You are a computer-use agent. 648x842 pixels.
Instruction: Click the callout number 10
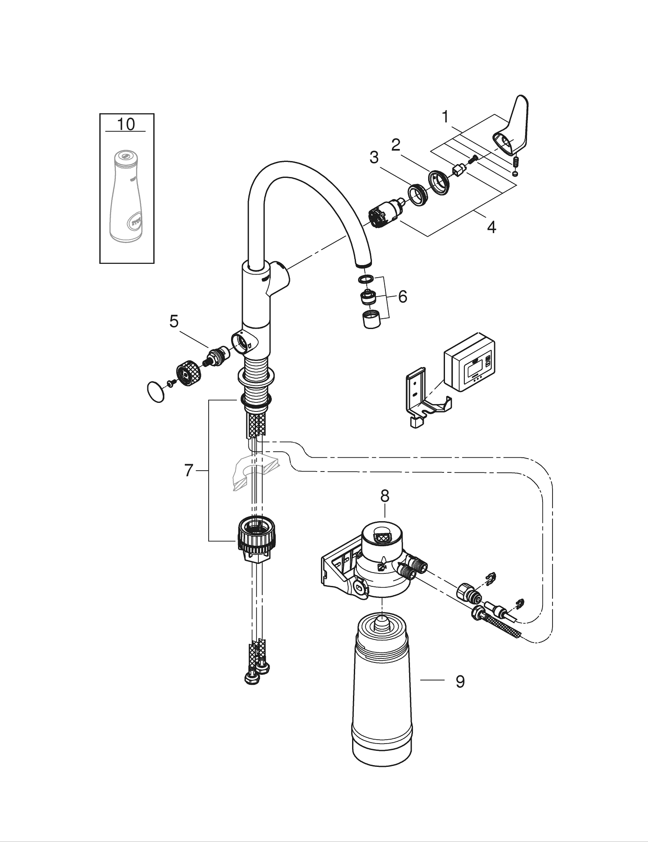[x=126, y=124]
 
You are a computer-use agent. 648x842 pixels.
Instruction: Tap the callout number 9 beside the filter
[x=460, y=682]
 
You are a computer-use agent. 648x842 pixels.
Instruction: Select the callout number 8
[x=384, y=496]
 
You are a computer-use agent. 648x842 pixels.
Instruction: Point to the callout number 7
[x=188, y=470]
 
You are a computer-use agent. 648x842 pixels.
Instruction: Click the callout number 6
[x=402, y=297]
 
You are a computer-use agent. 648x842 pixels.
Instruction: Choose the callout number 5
[x=174, y=321]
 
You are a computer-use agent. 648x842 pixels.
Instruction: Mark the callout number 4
[x=491, y=227]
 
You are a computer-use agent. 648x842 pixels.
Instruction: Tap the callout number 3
[x=374, y=157]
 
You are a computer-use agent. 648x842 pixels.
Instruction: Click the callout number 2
[x=396, y=145]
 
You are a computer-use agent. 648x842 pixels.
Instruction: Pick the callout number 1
[x=445, y=117]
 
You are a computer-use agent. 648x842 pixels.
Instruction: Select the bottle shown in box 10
[x=126, y=196]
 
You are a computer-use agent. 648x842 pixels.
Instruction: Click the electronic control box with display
[x=470, y=363]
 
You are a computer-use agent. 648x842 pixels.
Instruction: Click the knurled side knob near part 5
[x=188, y=374]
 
